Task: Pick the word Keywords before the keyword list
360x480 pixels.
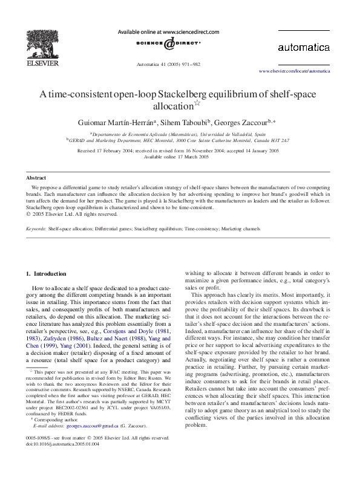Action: click(36, 229)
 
